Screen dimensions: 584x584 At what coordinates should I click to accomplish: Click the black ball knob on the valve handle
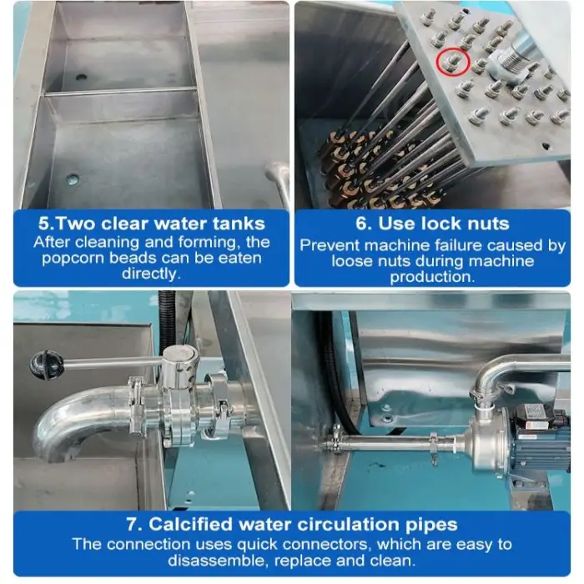[47, 365]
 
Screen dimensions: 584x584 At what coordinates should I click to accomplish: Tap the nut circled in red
[453, 63]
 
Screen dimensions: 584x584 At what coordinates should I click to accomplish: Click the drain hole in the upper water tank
[81, 78]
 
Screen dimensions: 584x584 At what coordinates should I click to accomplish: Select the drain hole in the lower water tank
[73, 179]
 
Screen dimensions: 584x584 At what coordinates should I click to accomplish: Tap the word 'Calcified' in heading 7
[190, 525]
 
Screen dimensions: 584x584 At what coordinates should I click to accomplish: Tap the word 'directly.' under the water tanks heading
[151, 274]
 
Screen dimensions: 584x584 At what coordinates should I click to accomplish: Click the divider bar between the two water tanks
[120, 91]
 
